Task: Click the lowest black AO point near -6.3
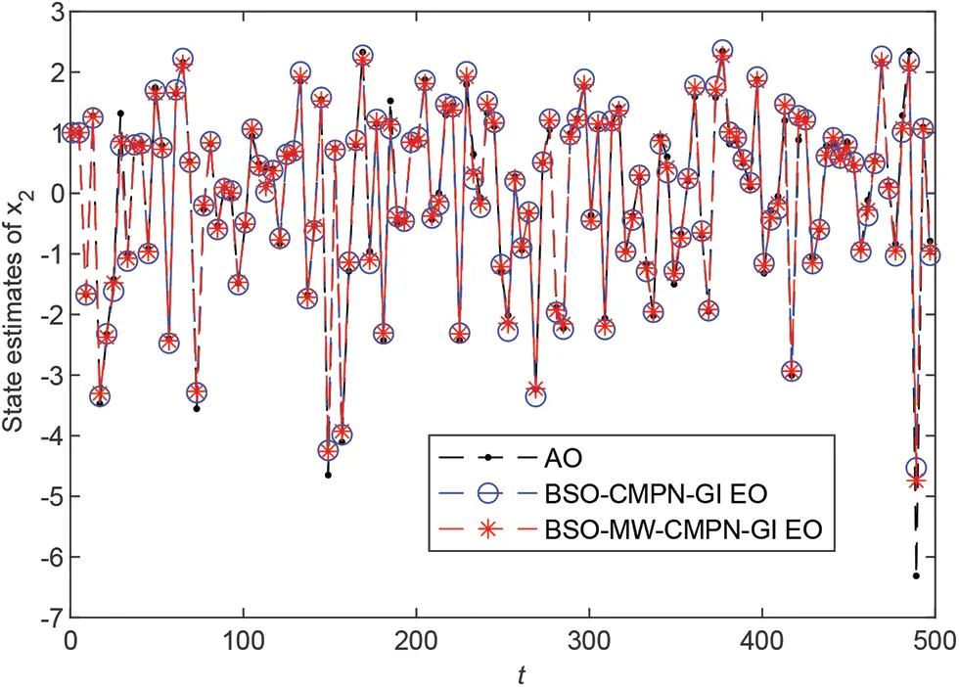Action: [x=916, y=575]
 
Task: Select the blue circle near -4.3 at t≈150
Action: [x=329, y=451]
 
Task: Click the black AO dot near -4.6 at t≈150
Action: [x=328, y=475]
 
